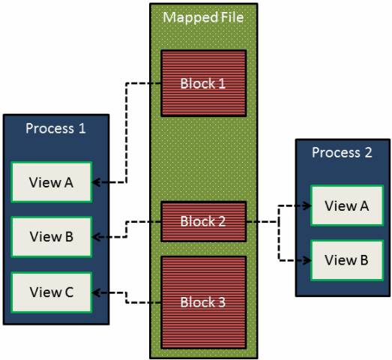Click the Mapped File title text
tap(204, 16)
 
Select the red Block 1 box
tap(204, 82)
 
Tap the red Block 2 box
tap(204, 221)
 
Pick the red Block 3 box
tap(204, 302)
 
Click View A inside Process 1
tap(51, 181)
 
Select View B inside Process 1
tap(51, 236)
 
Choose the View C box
tap(51, 291)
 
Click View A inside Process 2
tap(346, 205)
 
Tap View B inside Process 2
tap(346, 259)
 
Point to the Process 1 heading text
tap(55, 127)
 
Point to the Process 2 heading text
tap(342, 152)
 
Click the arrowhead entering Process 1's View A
tap(97, 181)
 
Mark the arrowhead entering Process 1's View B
tap(97, 236)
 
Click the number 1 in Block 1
tap(222, 82)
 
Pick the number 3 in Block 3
tap(222, 302)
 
